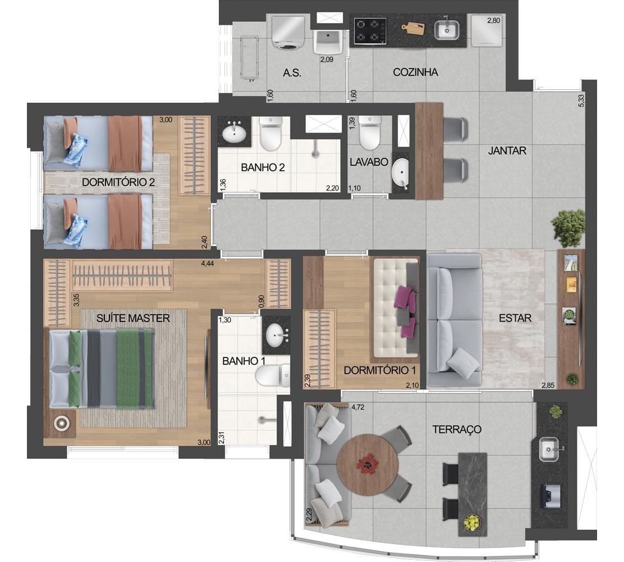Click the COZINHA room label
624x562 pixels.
(415, 72)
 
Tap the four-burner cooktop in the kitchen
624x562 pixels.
(370, 31)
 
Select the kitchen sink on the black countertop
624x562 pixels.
(447, 29)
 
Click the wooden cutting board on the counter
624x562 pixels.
(413, 28)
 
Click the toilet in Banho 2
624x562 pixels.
(270, 134)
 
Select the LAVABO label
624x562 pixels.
(369, 162)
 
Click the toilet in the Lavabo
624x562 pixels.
(370, 133)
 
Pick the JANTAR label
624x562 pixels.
(507, 151)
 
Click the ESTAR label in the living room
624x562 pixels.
(515, 318)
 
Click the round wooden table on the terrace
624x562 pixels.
(368, 465)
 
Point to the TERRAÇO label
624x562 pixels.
(457, 429)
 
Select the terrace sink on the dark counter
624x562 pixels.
(550, 449)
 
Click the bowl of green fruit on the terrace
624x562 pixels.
(472, 523)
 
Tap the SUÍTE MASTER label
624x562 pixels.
(133, 318)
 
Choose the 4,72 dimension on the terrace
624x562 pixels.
(358, 407)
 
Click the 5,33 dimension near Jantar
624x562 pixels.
(581, 99)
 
